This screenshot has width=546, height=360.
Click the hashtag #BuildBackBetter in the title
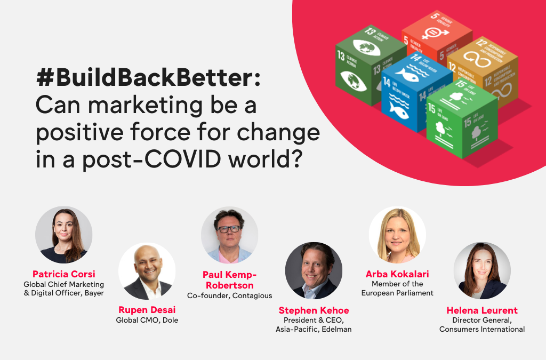(148, 78)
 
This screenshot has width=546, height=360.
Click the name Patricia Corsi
(64, 274)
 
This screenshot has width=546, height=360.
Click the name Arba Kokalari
(397, 274)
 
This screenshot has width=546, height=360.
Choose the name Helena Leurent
(482, 310)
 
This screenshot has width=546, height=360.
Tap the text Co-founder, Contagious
(229, 295)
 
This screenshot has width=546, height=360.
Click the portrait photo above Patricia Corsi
(64, 235)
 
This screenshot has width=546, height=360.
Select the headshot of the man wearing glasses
(229, 235)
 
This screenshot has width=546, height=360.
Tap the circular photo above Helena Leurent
(482, 270)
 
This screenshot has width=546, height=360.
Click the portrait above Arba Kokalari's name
(397, 235)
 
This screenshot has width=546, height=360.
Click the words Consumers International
(482, 329)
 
